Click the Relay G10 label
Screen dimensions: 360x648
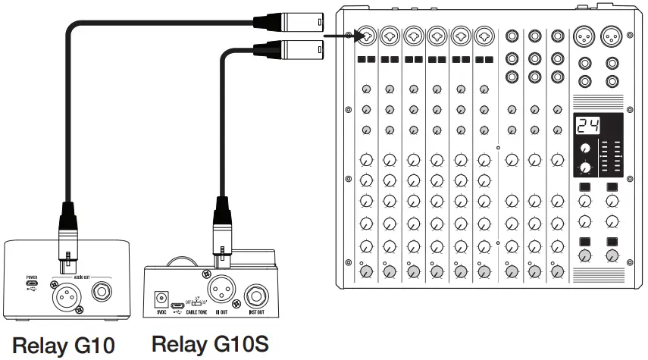point(67,346)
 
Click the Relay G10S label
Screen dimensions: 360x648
point(210,343)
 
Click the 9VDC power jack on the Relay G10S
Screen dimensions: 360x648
point(161,299)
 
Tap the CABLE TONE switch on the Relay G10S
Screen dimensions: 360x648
point(196,302)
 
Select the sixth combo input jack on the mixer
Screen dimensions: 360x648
point(484,36)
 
